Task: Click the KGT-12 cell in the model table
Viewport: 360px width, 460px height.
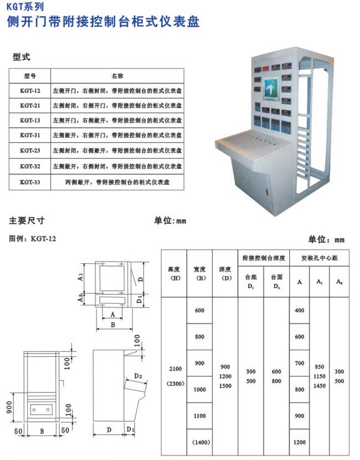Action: (30, 90)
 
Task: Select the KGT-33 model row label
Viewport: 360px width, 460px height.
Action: (30, 181)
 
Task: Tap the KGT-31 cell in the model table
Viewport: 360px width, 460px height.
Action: (30, 135)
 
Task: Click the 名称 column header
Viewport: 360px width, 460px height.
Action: (117, 75)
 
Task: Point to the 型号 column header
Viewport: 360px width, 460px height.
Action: (30, 75)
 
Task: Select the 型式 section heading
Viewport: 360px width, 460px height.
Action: (21, 57)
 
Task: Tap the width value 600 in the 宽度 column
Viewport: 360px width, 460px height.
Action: (199, 310)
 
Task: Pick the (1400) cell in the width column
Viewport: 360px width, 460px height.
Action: (199, 442)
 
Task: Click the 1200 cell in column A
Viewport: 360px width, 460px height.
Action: (300, 442)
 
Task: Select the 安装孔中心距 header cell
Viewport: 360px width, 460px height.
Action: (319, 258)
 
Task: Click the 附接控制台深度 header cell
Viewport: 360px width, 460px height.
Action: (264, 258)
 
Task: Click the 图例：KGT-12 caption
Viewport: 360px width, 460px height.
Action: (33, 239)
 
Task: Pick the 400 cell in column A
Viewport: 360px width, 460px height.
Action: (300, 310)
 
